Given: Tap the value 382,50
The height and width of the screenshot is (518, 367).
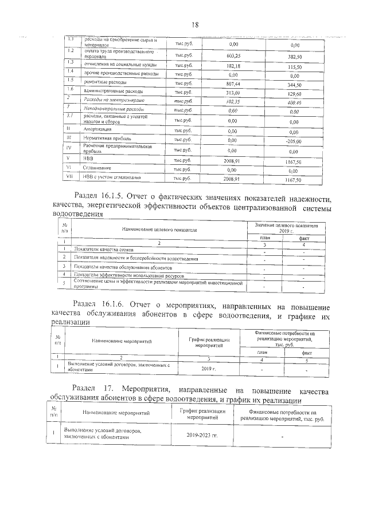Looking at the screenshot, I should click(x=295, y=57).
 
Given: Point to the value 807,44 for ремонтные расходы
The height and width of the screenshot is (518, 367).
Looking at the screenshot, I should click(x=233, y=84).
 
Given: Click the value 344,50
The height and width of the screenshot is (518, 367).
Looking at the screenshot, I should click(x=295, y=85).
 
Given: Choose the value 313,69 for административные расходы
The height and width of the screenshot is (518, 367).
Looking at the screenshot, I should click(x=233, y=93).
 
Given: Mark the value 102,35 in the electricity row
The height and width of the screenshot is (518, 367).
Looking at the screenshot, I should click(x=233, y=102).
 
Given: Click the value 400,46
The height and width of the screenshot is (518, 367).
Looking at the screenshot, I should click(x=295, y=104).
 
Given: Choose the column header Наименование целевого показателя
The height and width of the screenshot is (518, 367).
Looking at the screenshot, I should click(x=159, y=229).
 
